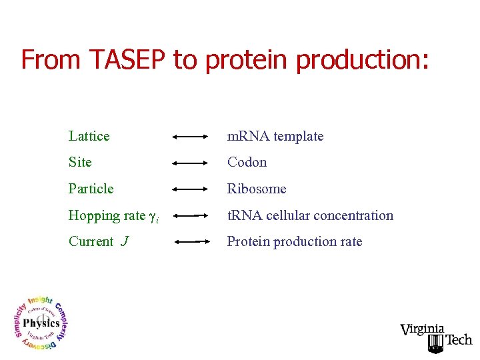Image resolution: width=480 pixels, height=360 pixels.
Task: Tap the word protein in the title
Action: (247, 59)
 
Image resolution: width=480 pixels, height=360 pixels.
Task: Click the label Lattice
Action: (89, 136)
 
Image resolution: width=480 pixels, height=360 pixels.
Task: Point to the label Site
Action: (80, 162)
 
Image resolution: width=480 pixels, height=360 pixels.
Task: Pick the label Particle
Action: (91, 189)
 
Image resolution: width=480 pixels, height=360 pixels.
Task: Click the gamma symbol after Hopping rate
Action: (151, 216)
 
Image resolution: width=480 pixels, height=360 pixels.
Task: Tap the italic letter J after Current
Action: (125, 241)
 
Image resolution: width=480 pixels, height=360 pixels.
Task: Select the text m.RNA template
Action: (275, 136)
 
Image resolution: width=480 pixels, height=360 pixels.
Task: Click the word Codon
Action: (247, 162)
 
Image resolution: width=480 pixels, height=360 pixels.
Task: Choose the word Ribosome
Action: (257, 189)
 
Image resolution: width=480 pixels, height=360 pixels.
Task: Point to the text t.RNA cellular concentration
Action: (310, 215)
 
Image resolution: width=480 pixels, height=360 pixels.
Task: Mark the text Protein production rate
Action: (295, 241)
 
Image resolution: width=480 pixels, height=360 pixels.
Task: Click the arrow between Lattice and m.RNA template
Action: (191, 137)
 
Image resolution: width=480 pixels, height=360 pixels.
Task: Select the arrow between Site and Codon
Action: (191, 163)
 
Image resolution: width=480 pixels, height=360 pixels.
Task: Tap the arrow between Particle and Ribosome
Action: (191, 189)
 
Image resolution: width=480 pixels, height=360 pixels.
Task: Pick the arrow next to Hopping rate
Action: (191, 216)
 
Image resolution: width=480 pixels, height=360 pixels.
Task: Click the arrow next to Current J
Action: (191, 242)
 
